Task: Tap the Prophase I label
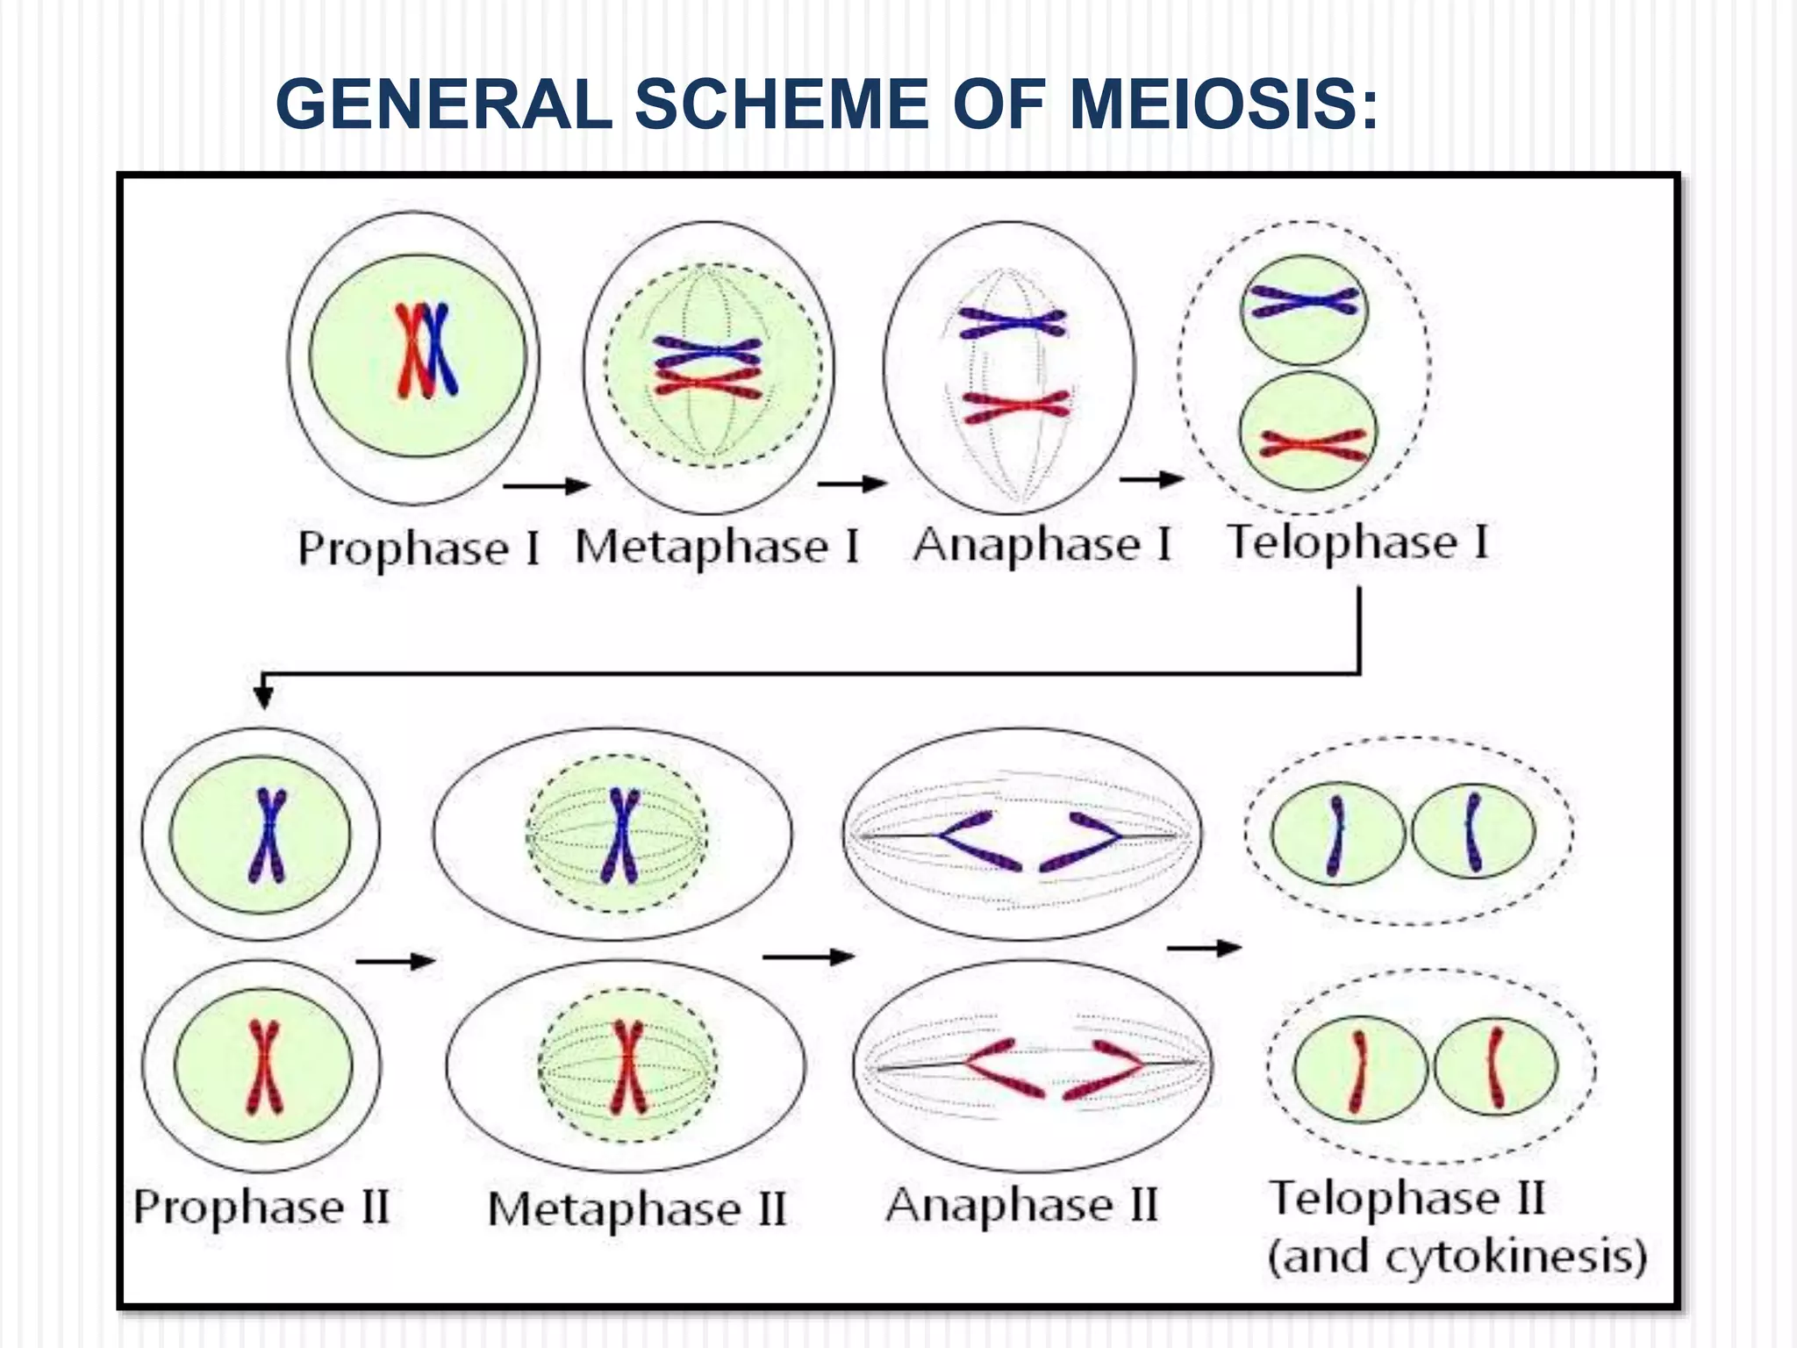click(x=419, y=549)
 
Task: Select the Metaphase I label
click(x=716, y=547)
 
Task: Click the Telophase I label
click(x=1357, y=542)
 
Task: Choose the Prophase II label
click(x=261, y=1207)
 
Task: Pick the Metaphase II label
click(x=636, y=1209)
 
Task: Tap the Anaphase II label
click(x=1021, y=1205)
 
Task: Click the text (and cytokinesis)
click(x=1457, y=1256)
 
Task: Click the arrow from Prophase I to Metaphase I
click(x=546, y=485)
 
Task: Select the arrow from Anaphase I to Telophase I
click(x=1151, y=479)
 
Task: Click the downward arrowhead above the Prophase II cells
click(x=263, y=696)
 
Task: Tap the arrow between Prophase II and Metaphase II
click(x=395, y=961)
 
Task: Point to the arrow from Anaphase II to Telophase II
click(x=1204, y=948)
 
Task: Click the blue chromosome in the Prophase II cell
click(x=268, y=835)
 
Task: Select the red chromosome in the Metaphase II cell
click(x=628, y=1066)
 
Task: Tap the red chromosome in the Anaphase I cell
click(x=1016, y=406)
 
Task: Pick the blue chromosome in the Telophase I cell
click(x=1305, y=304)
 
